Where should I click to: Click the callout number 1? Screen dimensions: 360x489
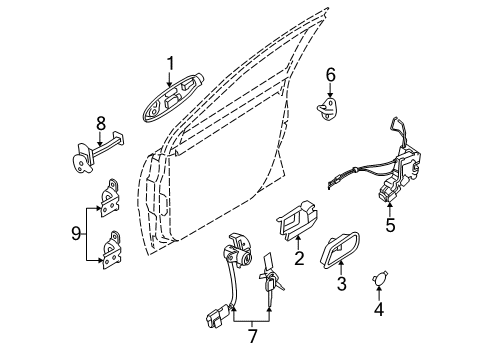tap(170, 65)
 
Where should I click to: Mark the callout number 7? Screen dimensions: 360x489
tap(252, 335)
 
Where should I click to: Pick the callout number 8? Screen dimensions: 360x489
tap(100, 124)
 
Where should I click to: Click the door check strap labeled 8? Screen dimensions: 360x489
tap(100, 153)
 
